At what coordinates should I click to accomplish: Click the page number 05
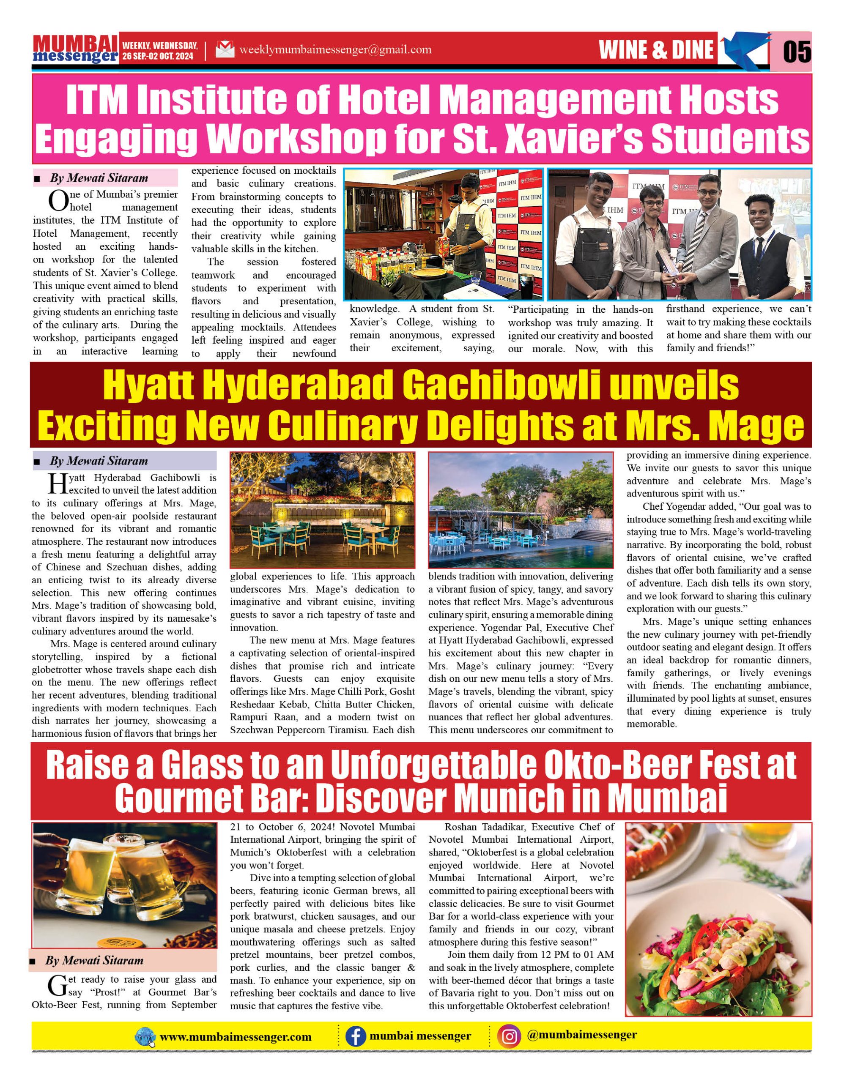pos(797,51)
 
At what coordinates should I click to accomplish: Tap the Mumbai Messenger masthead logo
pos(75,49)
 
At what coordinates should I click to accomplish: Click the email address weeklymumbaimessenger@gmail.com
pos(335,49)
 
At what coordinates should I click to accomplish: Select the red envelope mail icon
pos(225,49)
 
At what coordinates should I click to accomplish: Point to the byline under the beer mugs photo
pos(94,961)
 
